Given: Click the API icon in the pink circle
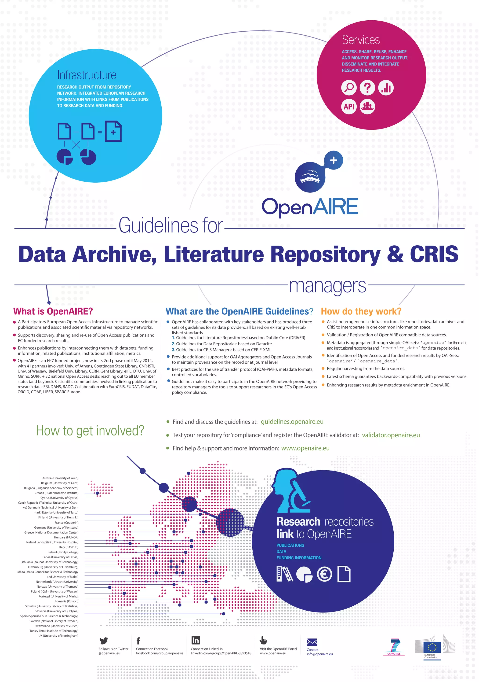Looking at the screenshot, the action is [349, 106].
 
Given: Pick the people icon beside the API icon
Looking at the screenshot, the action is [367, 106].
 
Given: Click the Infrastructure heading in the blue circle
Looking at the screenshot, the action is [87, 75].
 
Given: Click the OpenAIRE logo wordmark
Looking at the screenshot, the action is [310, 207].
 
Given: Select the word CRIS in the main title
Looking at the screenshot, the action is [434, 254].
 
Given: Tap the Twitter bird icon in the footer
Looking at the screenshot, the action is [104, 641].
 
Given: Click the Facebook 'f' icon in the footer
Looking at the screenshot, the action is [138, 641].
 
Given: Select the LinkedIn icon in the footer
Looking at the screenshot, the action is [196, 640].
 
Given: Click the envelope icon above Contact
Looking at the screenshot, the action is [312, 642].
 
